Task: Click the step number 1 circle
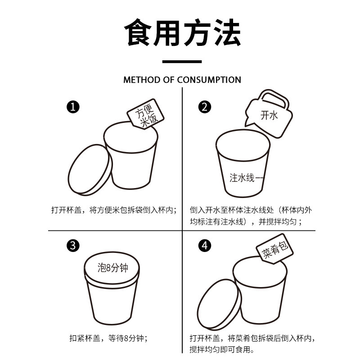point(73,107)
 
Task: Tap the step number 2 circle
point(205,107)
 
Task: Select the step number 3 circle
point(73,245)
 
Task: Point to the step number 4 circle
point(205,245)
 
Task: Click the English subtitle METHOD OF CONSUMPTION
point(182,80)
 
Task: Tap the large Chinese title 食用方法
point(183,32)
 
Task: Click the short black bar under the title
point(182,62)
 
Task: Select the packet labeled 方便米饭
point(145,114)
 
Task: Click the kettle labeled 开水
point(269,114)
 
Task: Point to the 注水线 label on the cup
point(242,178)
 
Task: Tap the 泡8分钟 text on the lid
point(113,268)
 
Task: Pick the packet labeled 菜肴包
point(274,249)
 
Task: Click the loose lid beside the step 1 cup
point(90,170)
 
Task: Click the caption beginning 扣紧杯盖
point(108,338)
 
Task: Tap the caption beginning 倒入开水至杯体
point(251,216)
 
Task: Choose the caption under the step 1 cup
point(114,210)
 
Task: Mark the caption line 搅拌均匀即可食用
point(222,350)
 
